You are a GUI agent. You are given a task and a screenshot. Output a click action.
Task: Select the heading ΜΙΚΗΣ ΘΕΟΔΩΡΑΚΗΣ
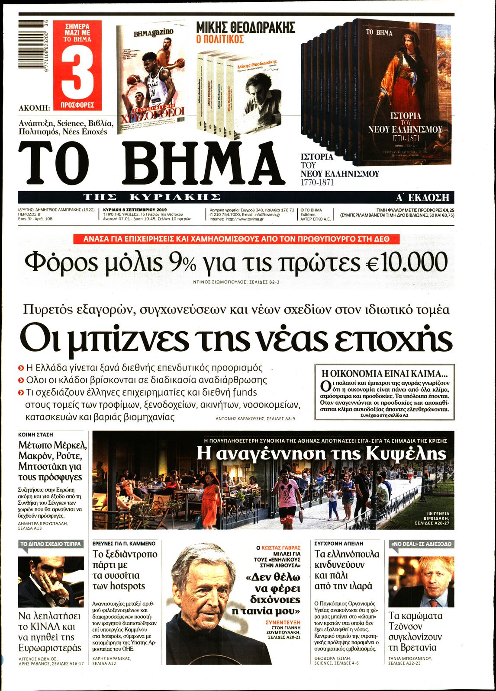[x=245, y=28]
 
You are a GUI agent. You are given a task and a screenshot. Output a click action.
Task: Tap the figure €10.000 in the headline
[x=407, y=262]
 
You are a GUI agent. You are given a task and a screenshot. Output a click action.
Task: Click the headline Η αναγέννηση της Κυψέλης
[x=321, y=454]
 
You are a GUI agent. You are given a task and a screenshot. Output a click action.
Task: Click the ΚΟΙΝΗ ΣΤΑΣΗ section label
[x=35, y=434]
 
